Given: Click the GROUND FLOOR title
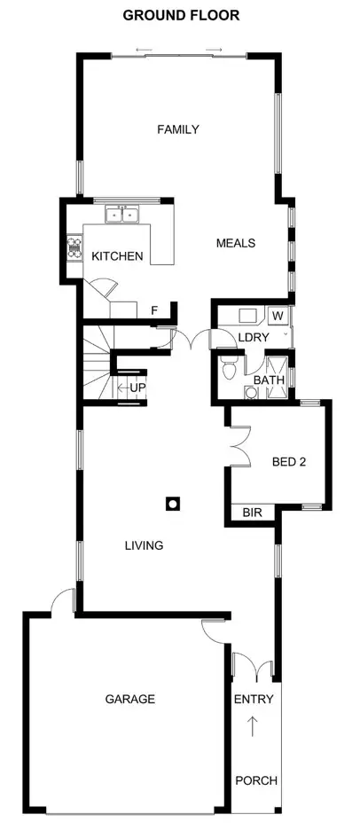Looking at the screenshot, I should click(x=180, y=15).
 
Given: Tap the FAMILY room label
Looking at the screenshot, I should click(x=177, y=129).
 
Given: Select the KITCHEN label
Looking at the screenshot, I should click(x=117, y=256).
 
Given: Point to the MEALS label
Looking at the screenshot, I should click(x=236, y=243).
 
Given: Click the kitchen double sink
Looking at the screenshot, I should click(x=121, y=214).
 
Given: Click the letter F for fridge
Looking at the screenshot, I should click(x=154, y=310).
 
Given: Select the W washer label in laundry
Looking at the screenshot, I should click(x=278, y=316).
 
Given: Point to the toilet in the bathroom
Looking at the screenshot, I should click(x=230, y=367).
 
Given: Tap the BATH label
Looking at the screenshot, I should click(x=269, y=380).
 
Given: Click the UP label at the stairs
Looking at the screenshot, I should click(x=137, y=388).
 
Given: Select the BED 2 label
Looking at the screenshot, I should click(x=289, y=461).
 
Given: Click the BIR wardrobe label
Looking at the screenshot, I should click(x=252, y=513).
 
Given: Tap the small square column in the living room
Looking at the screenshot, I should click(x=173, y=504).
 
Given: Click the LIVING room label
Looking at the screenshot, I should click(x=144, y=545).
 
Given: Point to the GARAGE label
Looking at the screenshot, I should click(x=130, y=699).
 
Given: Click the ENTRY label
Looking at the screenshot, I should click(x=254, y=700).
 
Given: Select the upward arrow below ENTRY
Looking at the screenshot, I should click(x=254, y=726).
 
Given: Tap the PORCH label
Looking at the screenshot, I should click(x=256, y=780).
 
